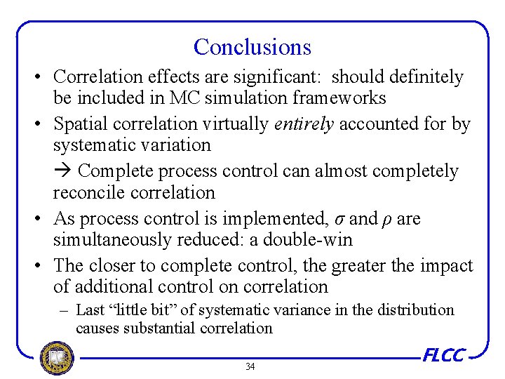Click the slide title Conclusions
tap(252, 47)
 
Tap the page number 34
tap(250, 366)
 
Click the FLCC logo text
tap(443, 356)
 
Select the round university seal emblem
tap(57, 359)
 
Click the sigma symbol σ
tap(340, 219)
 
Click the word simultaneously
tap(112, 239)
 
